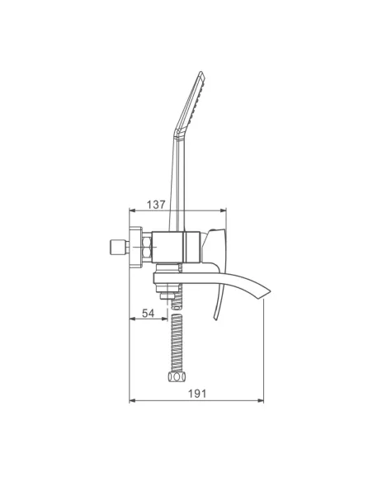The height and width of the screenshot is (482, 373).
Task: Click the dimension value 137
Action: (156, 205)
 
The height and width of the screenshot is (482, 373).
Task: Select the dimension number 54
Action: (148, 314)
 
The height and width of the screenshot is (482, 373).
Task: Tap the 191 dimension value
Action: (197, 394)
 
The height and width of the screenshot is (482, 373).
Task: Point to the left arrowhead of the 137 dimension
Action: (132, 210)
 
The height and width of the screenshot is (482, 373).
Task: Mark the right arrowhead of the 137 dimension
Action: (223, 210)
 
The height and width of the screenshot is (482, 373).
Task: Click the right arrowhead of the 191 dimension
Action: (261, 400)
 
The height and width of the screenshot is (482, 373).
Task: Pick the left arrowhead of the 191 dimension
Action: (132, 400)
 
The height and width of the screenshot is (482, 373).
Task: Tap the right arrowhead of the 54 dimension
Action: (164, 319)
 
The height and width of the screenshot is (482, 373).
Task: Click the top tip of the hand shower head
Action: (201, 72)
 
